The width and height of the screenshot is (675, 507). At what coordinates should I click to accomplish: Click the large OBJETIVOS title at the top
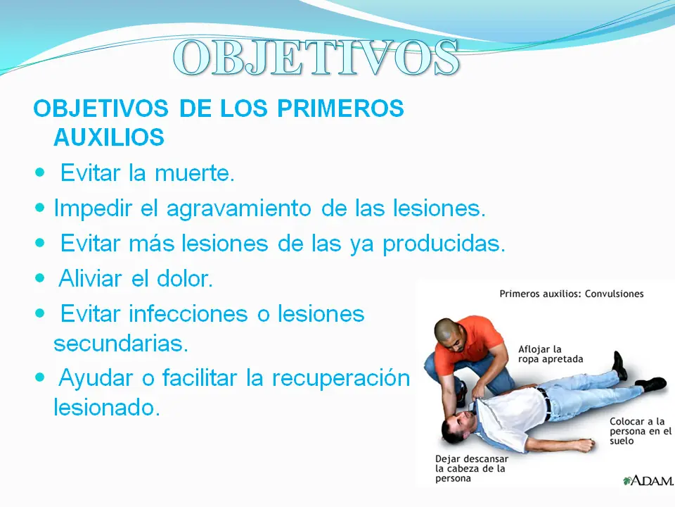pyautogui.click(x=316, y=58)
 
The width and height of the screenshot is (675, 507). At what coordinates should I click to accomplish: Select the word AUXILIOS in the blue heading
pyautogui.click(x=109, y=138)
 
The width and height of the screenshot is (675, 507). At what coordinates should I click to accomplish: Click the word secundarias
pyautogui.click(x=121, y=344)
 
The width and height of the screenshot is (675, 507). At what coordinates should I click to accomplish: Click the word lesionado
pyautogui.click(x=107, y=408)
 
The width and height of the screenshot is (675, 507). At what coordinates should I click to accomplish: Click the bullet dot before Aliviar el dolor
pyautogui.click(x=39, y=277)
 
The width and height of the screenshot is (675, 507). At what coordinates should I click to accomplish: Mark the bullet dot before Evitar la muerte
pyautogui.click(x=39, y=173)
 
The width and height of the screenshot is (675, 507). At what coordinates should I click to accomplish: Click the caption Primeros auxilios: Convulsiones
pyautogui.click(x=571, y=294)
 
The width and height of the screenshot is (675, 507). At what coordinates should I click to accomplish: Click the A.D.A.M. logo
pyautogui.click(x=646, y=480)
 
